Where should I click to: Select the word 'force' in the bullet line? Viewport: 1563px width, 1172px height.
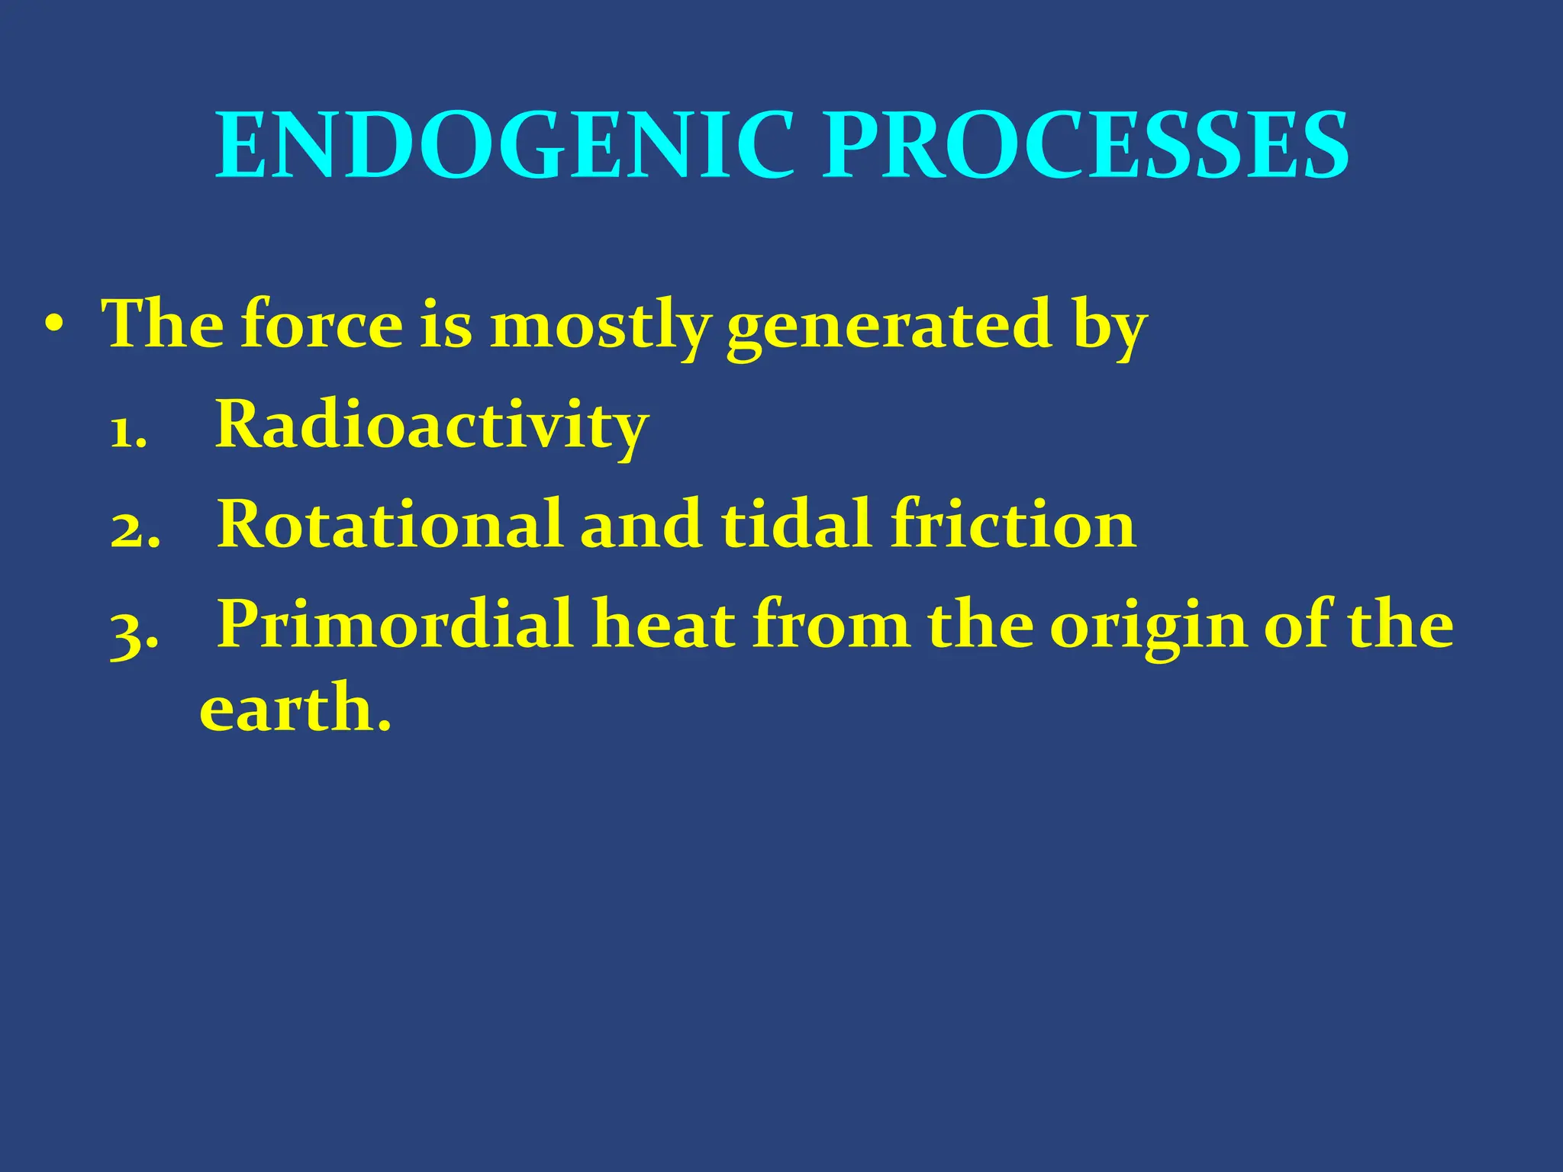pyautogui.click(x=321, y=325)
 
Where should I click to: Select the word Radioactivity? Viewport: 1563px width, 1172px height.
pyautogui.click(x=431, y=426)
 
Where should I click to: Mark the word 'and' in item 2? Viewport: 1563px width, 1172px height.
pyautogui.click(x=641, y=524)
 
